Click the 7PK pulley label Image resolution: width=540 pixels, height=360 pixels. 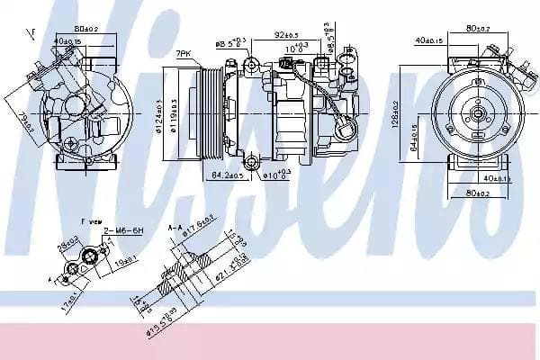pos(184,55)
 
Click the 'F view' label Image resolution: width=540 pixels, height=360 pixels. pos(91,220)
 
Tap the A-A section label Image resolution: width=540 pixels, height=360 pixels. pos(174,229)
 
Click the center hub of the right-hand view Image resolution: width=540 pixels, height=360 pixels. pos(474,114)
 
